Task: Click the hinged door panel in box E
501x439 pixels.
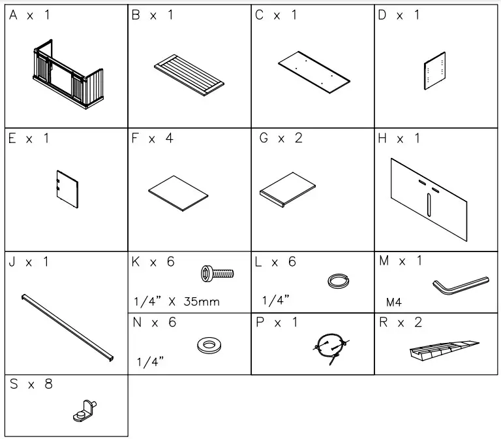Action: pos(65,189)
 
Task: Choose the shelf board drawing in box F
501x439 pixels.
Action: pos(178,192)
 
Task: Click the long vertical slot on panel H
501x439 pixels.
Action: pos(429,204)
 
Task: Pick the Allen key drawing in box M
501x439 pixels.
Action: pos(460,284)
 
